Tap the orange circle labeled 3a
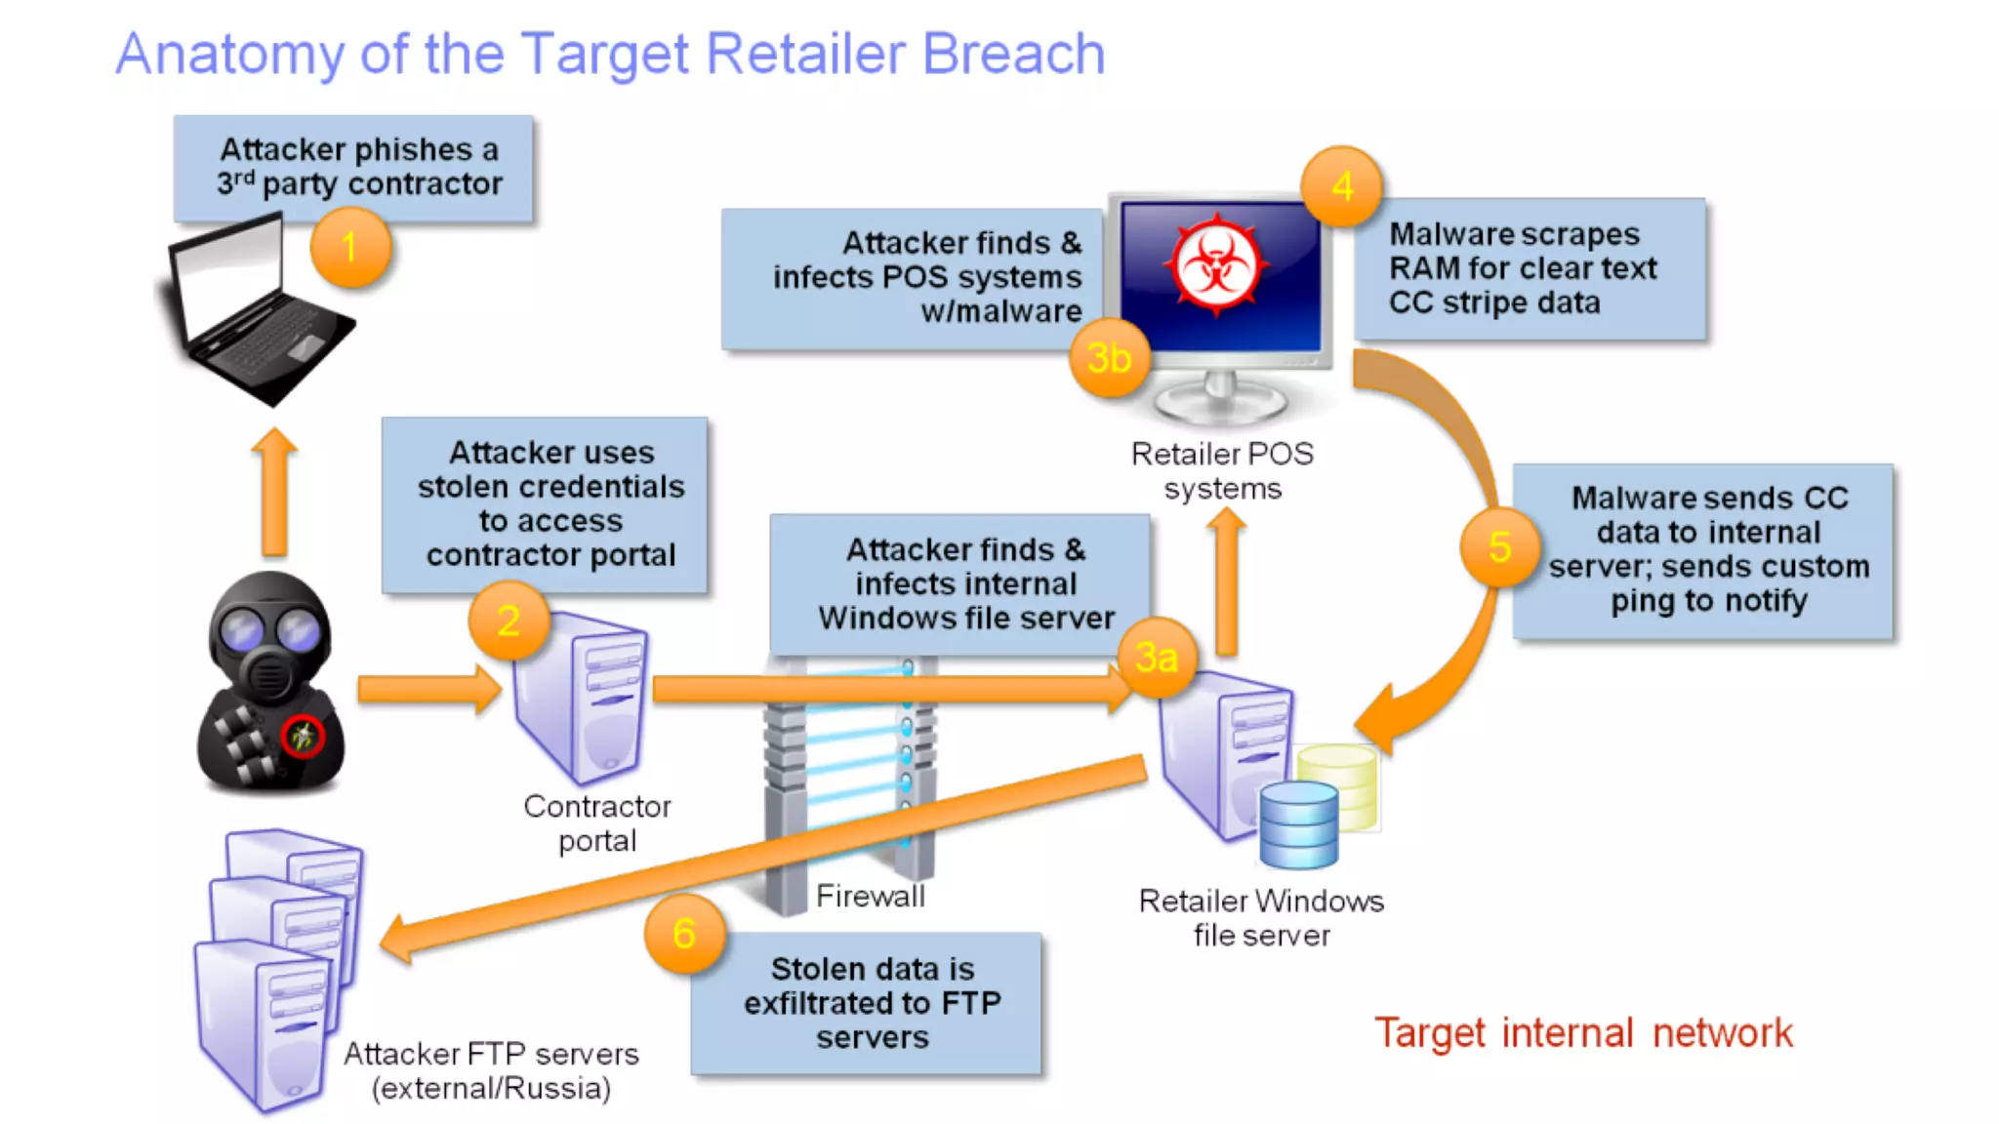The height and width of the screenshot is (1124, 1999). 1157,657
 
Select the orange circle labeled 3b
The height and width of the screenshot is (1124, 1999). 1110,358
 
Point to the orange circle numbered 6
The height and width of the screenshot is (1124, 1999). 684,934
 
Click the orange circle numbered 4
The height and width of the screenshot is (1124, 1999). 1342,186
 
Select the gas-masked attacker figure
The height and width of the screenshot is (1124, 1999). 270,683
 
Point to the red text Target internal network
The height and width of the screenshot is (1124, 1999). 1583,1032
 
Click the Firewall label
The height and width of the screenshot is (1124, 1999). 870,896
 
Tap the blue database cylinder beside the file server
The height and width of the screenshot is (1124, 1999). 1298,825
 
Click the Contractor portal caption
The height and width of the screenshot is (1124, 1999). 597,823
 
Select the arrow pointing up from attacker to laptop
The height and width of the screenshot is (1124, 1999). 274,493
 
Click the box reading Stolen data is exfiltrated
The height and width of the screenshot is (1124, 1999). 867,1003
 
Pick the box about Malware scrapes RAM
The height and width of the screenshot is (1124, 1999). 1529,268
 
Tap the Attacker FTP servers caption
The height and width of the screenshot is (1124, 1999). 491,1070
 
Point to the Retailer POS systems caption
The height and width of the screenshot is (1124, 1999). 1222,470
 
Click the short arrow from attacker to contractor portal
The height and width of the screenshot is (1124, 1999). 428,689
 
